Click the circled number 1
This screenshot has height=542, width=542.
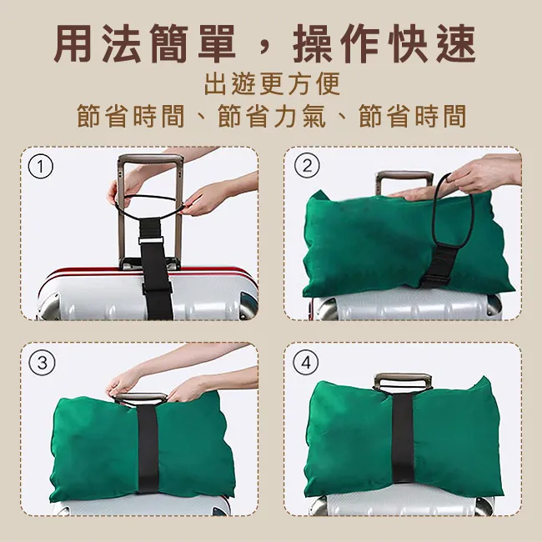pos(41,166)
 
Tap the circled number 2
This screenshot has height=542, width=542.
pos(307,166)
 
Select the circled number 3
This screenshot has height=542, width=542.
pos(42,363)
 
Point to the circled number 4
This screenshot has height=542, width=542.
pos(306,363)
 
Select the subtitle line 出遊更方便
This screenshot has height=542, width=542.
pos(272,84)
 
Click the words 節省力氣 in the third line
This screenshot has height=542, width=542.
pos(272,116)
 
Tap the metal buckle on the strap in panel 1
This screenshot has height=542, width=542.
pos(151,241)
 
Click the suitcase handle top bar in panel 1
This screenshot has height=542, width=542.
pos(150,160)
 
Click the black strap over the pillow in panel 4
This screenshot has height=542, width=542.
pos(403,439)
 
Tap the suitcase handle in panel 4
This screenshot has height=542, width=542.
pos(403,381)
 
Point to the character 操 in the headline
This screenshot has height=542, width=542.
pos(313,44)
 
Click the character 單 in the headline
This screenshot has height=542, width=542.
pos(217,44)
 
